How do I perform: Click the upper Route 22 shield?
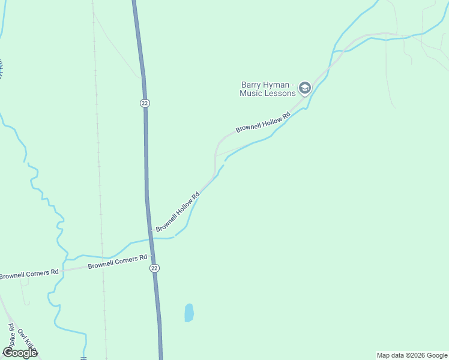pyautogui.click(x=145, y=103)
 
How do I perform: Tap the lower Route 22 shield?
pyautogui.click(x=154, y=268)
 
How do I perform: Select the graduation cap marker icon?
pyautogui.click(x=304, y=89)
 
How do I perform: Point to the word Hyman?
pyautogui.click(x=278, y=85)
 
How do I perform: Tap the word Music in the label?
pyautogui.click(x=251, y=93)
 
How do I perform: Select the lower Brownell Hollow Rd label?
pyautogui.click(x=178, y=212)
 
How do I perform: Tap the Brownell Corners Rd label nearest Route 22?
pyautogui.click(x=117, y=262)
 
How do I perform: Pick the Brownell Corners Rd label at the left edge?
pyautogui.click(x=29, y=274)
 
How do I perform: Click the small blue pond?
pyautogui.click(x=189, y=312)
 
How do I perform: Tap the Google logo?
pyautogui.click(x=20, y=353)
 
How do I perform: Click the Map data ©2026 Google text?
pyautogui.click(x=412, y=355)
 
